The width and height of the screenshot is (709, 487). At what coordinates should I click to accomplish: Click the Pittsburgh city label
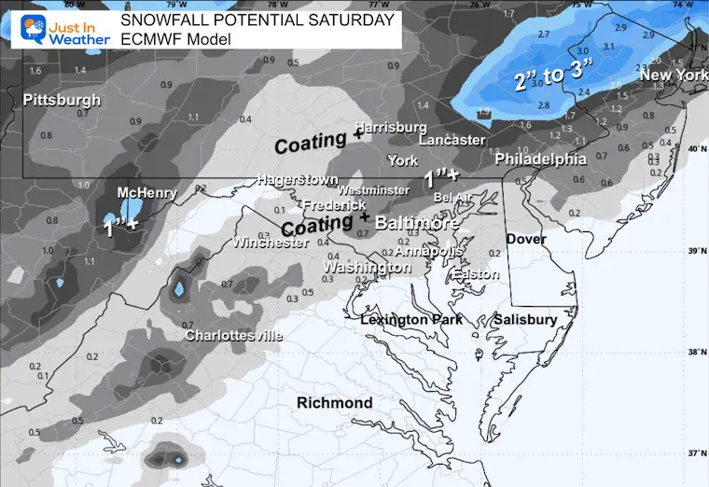[x=62, y=100]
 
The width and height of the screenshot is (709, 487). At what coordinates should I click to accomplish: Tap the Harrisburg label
[x=391, y=127]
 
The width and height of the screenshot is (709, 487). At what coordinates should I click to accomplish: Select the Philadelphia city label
[x=540, y=160]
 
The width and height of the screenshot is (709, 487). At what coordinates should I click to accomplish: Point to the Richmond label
[x=334, y=403]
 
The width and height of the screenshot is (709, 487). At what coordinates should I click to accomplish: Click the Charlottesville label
[x=229, y=335]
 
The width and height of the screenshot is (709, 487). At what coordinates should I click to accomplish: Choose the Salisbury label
[x=525, y=319]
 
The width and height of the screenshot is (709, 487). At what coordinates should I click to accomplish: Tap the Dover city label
[x=526, y=240]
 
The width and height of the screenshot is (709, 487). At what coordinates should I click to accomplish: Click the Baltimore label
[x=417, y=224]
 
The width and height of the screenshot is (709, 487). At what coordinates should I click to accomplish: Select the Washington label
[x=367, y=268]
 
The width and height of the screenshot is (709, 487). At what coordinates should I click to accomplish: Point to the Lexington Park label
[x=409, y=320]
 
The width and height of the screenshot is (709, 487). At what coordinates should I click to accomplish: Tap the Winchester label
[x=271, y=243]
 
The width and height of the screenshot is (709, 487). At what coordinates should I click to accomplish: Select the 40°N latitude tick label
[x=696, y=149]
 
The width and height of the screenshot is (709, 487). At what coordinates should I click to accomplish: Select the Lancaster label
[x=452, y=140]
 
